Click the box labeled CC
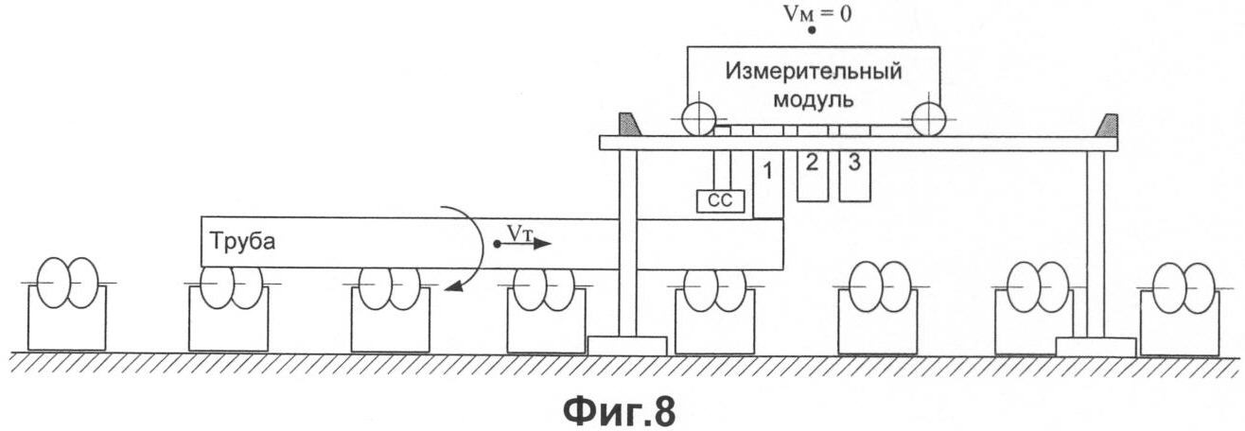(x=720, y=200)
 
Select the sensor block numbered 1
(x=768, y=184)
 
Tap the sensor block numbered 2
(x=813, y=176)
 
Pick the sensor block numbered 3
(x=855, y=176)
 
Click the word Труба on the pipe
(x=242, y=242)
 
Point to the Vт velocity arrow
(x=523, y=243)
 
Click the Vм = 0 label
(x=817, y=14)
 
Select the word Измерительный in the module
(x=814, y=72)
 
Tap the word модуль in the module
(x=814, y=100)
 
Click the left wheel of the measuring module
(x=698, y=119)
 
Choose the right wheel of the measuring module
(x=928, y=119)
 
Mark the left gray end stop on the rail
(x=630, y=125)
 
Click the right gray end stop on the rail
(x=1107, y=125)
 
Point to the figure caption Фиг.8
(x=620, y=412)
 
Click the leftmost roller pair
(x=67, y=283)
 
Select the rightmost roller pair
(x=1185, y=287)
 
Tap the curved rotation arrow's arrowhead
(x=455, y=285)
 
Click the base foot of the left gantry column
(x=627, y=346)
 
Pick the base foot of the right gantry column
(x=1096, y=347)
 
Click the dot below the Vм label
(x=812, y=30)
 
